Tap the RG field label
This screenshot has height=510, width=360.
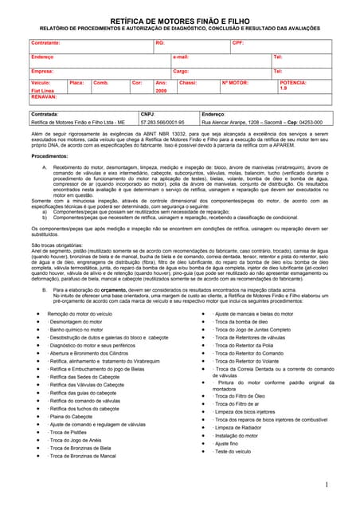tap(160, 41)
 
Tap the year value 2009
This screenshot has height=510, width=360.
tap(161, 91)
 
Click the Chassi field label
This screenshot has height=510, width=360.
tap(188, 82)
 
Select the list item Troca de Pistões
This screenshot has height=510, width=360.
tap(69, 433)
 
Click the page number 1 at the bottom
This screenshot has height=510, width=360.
tap(327, 485)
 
